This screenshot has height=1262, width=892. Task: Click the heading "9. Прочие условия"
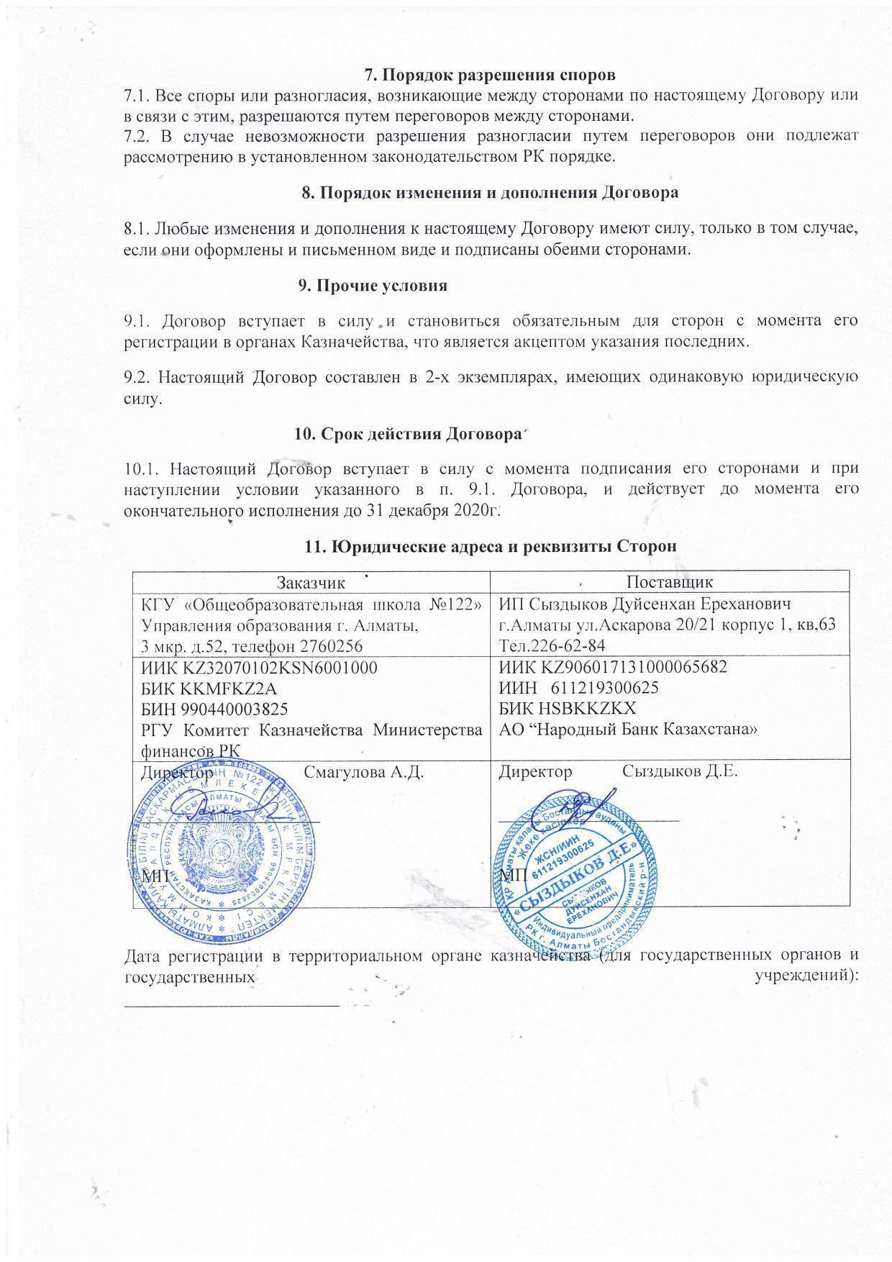pos(373,286)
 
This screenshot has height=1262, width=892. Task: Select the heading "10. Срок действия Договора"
pos(407,434)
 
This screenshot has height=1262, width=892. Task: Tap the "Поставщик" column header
pos(669,581)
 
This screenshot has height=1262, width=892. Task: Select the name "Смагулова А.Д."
pos(363,773)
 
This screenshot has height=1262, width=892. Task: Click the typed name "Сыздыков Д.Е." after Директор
pos(680,772)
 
